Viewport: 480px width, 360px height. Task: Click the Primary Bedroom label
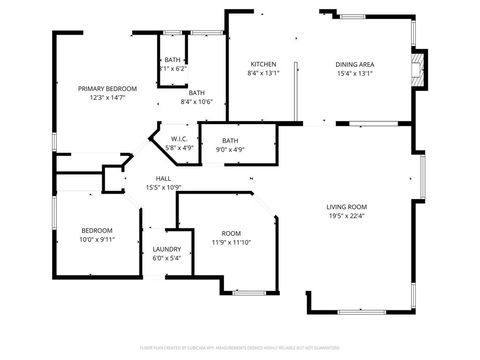107,88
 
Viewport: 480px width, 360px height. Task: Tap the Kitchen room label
263,64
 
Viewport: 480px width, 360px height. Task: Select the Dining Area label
354,64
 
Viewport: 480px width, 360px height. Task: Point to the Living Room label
347,207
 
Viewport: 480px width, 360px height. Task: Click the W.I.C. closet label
179,138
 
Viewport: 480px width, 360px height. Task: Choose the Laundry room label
166,248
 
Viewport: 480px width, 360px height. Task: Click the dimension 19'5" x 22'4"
347,216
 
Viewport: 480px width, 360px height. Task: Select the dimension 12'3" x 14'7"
107,98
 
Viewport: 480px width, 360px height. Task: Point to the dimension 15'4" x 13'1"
354,73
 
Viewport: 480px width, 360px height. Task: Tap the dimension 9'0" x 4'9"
230,149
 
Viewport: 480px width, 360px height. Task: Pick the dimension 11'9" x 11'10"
232,241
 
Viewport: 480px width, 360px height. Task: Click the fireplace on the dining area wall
421,66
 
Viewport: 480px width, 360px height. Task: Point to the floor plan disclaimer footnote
240,349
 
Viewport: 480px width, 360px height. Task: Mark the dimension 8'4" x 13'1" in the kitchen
263,73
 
